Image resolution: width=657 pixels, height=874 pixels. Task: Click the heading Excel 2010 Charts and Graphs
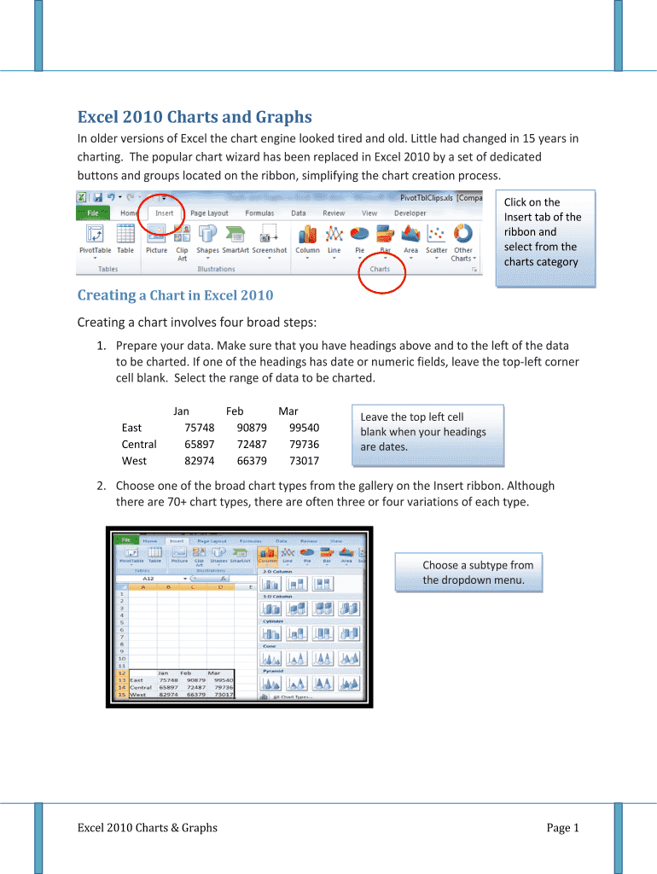pos(195,117)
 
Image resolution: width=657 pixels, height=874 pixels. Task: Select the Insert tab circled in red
pos(164,213)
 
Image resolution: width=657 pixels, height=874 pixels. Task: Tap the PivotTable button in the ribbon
pos(95,239)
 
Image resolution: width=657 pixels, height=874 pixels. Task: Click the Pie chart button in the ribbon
pos(360,239)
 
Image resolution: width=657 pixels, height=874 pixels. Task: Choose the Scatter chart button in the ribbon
pos(436,239)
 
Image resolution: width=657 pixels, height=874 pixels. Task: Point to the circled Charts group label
pos(380,269)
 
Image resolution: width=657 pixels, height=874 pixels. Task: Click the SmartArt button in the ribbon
pos(235,239)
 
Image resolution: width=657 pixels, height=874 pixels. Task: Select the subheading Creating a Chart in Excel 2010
pos(175,295)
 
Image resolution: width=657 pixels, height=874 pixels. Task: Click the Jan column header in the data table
pos(181,411)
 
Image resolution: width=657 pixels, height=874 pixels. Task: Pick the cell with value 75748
pos(199,428)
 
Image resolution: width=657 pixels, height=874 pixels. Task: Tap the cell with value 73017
pos(304,461)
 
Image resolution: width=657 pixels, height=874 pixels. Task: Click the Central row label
pos(139,444)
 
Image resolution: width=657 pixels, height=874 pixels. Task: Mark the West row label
pos(134,461)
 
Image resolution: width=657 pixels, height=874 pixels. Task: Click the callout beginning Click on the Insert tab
pos(543,232)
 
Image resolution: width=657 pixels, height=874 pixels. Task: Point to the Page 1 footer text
pos(563,827)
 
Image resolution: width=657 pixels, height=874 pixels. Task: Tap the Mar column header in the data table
pos(288,411)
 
